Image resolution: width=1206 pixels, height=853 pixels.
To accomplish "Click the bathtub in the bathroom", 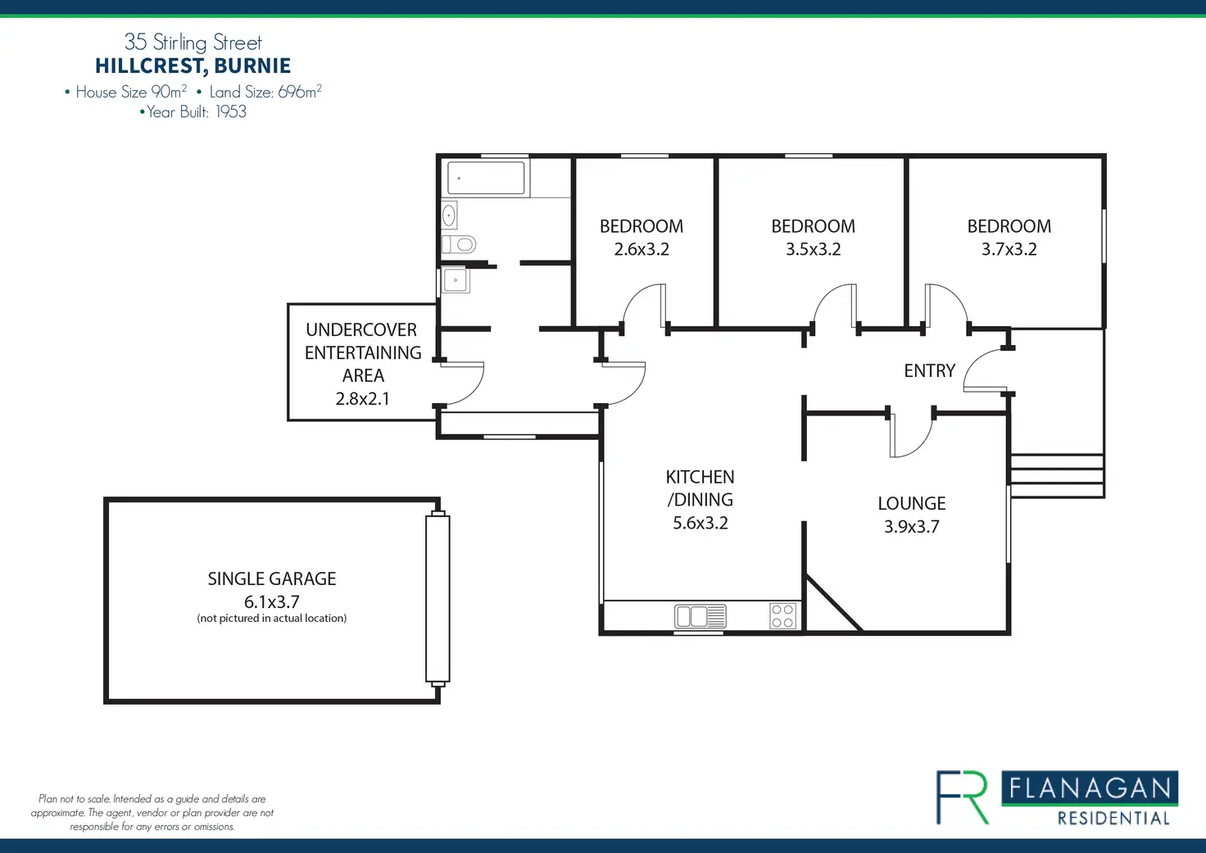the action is [x=486, y=178].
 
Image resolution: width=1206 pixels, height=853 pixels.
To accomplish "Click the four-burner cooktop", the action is [x=782, y=615].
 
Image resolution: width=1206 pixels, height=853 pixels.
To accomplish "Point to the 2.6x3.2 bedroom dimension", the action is [x=642, y=249].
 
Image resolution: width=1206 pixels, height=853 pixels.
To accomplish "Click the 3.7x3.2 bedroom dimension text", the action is [x=1009, y=249].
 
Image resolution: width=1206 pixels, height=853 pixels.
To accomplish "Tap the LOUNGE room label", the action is [x=911, y=503].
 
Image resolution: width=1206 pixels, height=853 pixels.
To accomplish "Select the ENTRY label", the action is [x=929, y=370].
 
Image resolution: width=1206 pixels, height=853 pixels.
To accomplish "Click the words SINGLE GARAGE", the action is [x=271, y=578].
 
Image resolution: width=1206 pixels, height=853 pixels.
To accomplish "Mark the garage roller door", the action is [x=438, y=598].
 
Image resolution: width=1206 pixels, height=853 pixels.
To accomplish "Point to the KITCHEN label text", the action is [x=700, y=477].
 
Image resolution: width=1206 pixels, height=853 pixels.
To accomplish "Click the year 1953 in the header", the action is [x=231, y=112].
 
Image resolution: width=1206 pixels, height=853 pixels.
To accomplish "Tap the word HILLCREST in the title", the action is [x=148, y=66].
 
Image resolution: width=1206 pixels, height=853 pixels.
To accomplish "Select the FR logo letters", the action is [x=963, y=796].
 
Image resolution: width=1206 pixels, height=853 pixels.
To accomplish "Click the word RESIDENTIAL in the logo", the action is [x=1113, y=818].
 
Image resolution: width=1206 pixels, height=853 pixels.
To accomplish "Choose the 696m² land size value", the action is [x=299, y=92].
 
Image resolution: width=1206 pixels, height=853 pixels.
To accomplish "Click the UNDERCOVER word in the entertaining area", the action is [x=361, y=329].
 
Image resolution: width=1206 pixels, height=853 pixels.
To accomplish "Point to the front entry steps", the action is [x=1056, y=476].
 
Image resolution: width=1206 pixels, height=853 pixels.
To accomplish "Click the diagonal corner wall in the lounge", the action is [x=833, y=604].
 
